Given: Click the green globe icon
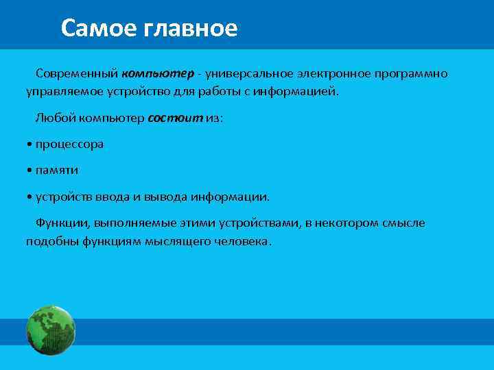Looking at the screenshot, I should (x=50, y=330).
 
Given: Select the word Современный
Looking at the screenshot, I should (x=77, y=73).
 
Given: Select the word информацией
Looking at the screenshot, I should (x=302, y=91).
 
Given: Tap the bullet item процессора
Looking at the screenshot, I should (x=69, y=144).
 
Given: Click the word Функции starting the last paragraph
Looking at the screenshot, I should (x=62, y=223).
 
